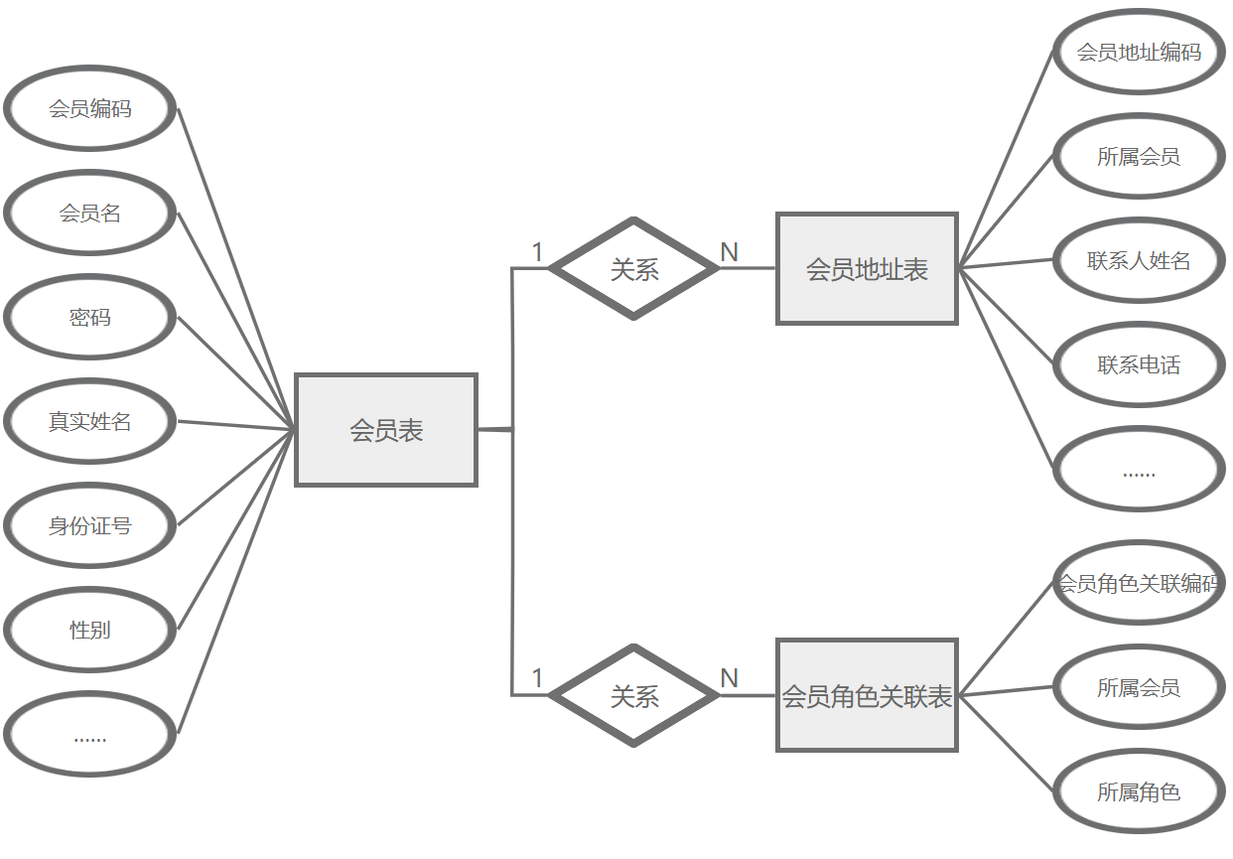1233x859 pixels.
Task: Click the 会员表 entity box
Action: [x=386, y=430]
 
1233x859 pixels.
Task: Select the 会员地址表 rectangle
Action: [x=867, y=268]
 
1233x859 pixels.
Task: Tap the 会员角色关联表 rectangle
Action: [x=867, y=695]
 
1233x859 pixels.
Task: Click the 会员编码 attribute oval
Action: [x=90, y=109]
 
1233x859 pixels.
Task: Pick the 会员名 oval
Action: [x=90, y=214]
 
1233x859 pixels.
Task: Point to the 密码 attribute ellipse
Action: [x=90, y=318]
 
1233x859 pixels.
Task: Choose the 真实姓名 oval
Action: [x=90, y=422]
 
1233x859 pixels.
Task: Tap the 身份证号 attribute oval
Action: [x=90, y=526]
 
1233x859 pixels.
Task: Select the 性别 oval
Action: [x=90, y=631]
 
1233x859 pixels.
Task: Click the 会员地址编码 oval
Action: [x=1139, y=52]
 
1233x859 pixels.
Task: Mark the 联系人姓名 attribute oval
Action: [x=1139, y=261]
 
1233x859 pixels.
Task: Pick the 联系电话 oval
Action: [x=1139, y=365]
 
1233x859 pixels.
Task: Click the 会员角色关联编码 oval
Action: [x=1139, y=583]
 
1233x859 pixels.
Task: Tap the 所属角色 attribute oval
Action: [x=1139, y=792]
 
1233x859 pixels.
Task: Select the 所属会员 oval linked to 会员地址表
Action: [x=1139, y=157]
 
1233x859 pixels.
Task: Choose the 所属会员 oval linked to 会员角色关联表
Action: [x=1139, y=688]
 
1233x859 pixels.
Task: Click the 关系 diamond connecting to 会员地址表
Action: [x=634, y=268]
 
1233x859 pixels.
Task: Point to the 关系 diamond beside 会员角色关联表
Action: [x=634, y=695]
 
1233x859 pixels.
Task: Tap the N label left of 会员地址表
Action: [x=730, y=252]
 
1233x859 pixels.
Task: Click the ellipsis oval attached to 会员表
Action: [x=90, y=735]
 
